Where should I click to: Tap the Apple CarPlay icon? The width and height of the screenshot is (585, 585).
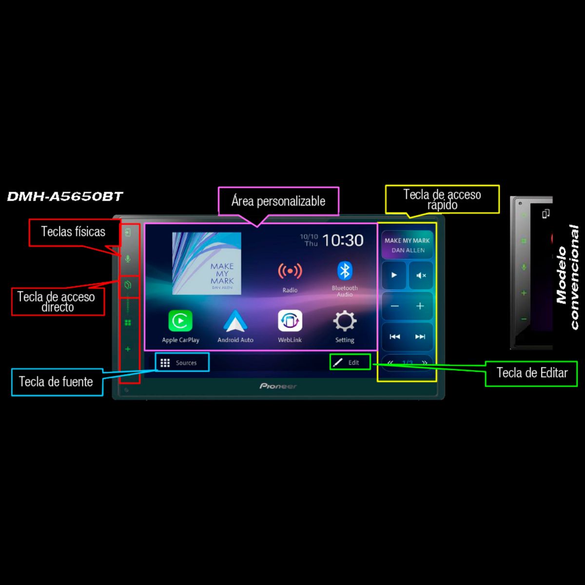[x=180, y=321]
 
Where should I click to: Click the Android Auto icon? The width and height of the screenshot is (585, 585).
[x=235, y=321]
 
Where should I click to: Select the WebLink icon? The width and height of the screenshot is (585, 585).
[x=290, y=321]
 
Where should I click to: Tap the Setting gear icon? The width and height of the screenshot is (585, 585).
[x=345, y=321]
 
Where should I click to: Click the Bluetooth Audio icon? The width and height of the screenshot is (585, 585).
[x=345, y=271]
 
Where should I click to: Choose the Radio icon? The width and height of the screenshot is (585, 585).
[x=290, y=271]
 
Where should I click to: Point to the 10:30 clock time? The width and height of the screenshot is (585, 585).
[x=343, y=240]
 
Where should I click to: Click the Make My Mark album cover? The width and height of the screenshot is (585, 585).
[x=207, y=263]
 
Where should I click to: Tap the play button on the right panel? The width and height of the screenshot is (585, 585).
[x=394, y=275]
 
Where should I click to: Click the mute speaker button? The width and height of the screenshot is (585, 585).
[x=421, y=275]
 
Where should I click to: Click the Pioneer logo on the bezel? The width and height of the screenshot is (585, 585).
[x=278, y=386]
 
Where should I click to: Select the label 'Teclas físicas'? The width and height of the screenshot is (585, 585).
[x=73, y=232]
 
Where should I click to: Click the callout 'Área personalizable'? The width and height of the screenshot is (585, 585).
[x=278, y=201]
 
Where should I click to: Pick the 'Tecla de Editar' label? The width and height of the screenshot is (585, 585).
[x=531, y=373]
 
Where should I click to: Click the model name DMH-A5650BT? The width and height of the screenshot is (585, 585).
[x=65, y=196]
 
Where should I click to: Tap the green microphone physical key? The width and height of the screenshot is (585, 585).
[x=128, y=259]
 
